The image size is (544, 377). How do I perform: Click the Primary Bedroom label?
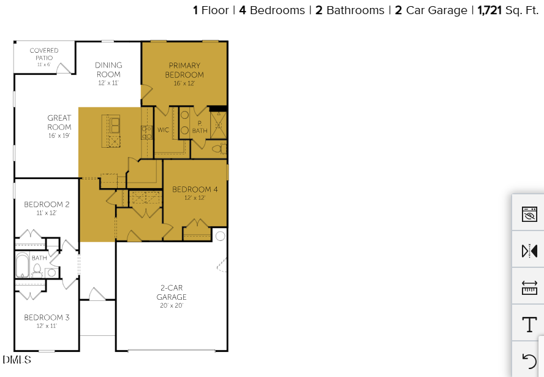(x=184, y=70)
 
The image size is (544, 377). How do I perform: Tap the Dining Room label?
(x=108, y=70)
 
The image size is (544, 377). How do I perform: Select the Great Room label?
(x=59, y=123)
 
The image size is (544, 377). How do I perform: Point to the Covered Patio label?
(x=44, y=55)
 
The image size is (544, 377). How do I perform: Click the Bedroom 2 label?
(x=47, y=205)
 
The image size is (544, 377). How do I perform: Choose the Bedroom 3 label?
(x=47, y=318)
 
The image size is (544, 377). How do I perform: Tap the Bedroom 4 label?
(x=195, y=189)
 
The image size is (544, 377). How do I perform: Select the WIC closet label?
(x=163, y=130)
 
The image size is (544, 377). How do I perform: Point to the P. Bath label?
(x=200, y=127)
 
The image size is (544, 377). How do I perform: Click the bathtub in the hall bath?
(x=23, y=265)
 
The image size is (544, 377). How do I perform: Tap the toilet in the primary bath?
(x=217, y=148)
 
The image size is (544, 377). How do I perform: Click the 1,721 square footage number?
(x=489, y=10)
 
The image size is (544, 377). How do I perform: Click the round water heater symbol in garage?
(x=220, y=236)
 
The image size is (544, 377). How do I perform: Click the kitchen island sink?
(x=115, y=125)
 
